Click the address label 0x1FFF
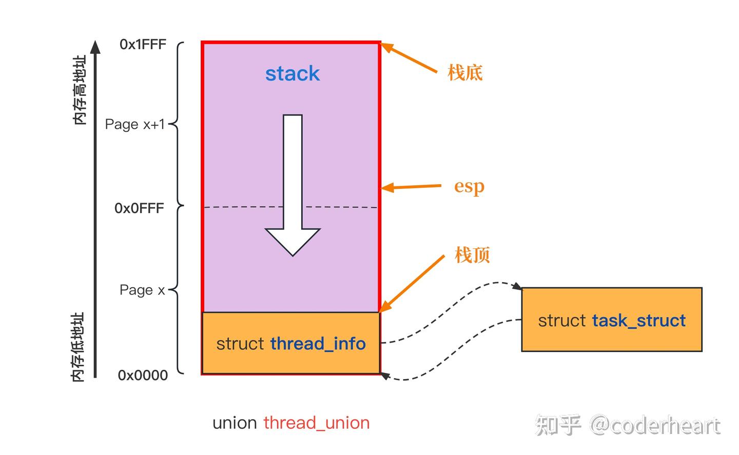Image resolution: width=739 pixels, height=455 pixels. [143, 45]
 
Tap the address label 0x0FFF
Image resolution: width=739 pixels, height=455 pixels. [139, 208]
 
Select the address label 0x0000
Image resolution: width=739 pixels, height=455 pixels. [143, 375]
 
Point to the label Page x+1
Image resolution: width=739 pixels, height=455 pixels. [135, 124]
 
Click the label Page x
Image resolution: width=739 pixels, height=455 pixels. [142, 290]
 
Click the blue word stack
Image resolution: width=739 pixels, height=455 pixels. [292, 74]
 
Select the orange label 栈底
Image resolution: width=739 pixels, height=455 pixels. [465, 72]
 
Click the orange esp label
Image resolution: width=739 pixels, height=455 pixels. [469, 186]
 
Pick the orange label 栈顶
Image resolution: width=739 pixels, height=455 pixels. [472, 254]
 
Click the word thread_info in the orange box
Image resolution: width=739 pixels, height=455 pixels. [318, 344]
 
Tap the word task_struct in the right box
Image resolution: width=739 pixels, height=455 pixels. [638, 321]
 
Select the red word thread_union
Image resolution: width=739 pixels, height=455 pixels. [317, 423]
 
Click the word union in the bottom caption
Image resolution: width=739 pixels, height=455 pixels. [235, 423]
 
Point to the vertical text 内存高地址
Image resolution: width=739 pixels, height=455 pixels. [80, 90]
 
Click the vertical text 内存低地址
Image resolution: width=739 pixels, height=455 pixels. [77, 347]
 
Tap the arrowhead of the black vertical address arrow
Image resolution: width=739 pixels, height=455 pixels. [95, 47]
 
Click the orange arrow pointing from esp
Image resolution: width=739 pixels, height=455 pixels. [411, 187]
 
